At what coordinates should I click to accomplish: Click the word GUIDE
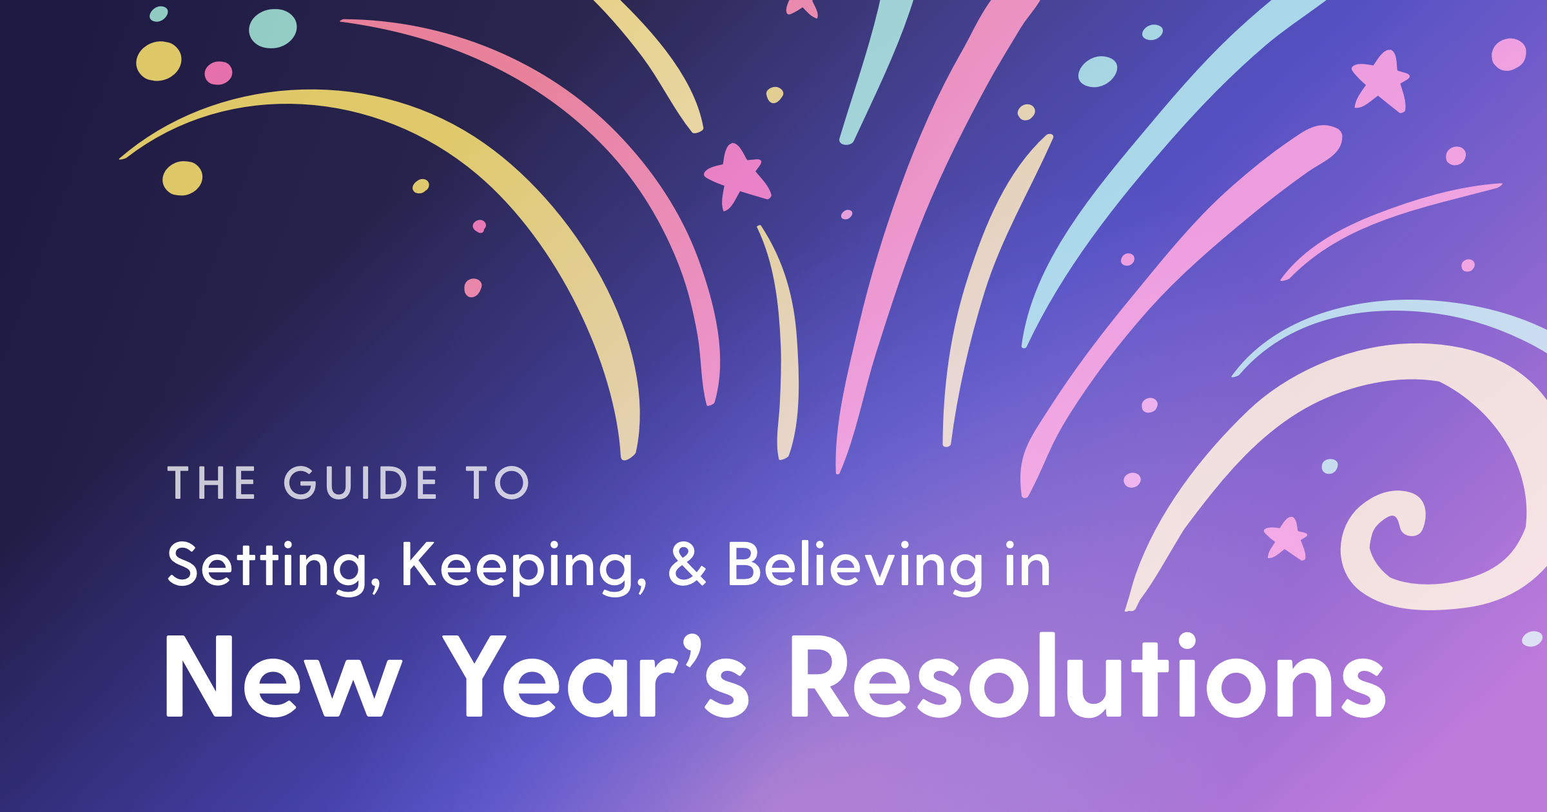point(361,483)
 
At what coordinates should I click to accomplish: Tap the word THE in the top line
point(211,483)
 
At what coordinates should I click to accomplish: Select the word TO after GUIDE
point(497,483)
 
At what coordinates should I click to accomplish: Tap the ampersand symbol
point(687,565)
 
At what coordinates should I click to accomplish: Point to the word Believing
point(855,566)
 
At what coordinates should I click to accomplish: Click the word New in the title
point(284,676)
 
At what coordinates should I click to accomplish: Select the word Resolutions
point(1088,675)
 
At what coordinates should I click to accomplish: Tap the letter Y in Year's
point(474,676)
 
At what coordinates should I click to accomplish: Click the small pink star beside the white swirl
point(1285,539)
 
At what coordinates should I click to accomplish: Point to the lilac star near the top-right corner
point(1381,81)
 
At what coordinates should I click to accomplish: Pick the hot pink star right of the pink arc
point(737,177)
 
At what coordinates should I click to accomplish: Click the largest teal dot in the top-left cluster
point(273,28)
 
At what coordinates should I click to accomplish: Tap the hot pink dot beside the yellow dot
point(219,73)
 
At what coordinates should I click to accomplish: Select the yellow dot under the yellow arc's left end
point(182,178)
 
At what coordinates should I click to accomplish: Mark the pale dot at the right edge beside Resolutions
point(1532,639)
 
